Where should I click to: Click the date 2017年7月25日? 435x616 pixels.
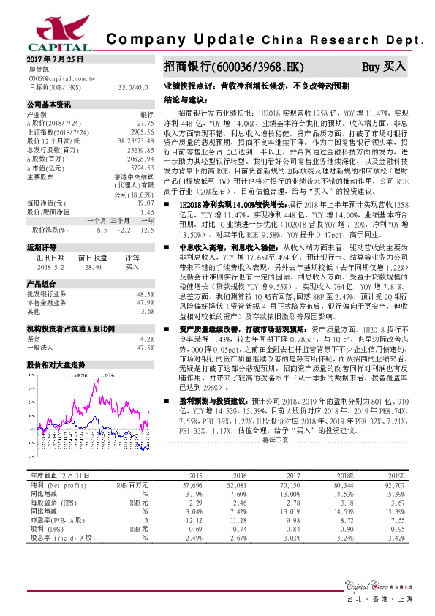coord(52,58)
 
